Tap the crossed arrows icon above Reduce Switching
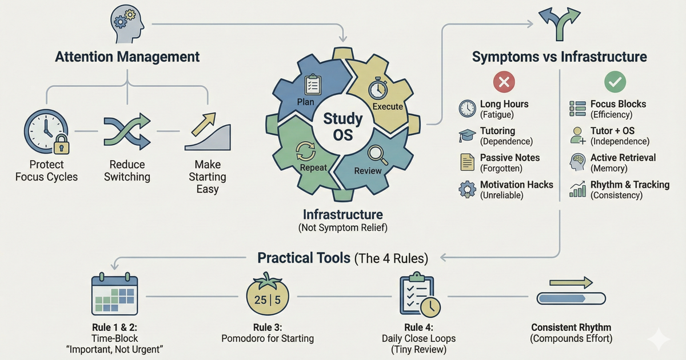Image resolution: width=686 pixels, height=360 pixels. click(x=126, y=131)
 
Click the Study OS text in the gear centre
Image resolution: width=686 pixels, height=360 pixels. click(x=343, y=127)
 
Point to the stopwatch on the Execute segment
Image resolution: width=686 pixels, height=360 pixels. click(x=378, y=88)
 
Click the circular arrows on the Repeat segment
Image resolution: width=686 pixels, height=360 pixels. click(x=304, y=150)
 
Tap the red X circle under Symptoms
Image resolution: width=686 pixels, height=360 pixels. click(x=504, y=82)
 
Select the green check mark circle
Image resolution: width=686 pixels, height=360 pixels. click(x=615, y=82)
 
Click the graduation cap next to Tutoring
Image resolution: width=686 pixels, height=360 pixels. click(x=467, y=135)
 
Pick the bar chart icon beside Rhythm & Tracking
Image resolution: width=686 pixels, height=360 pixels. click(x=577, y=190)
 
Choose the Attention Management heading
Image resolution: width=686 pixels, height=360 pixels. click(x=127, y=57)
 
